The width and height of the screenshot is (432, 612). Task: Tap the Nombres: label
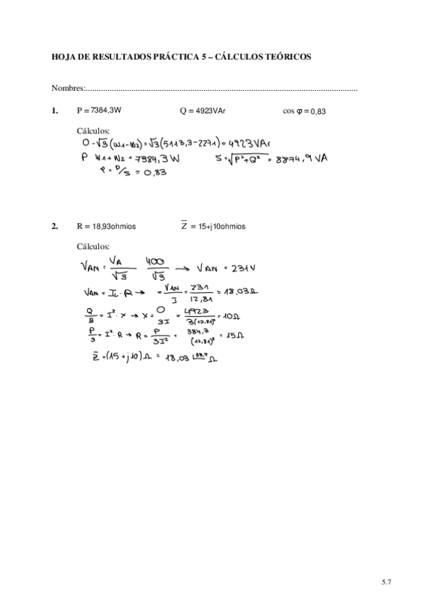click(x=68, y=89)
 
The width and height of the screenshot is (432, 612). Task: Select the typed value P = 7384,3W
click(x=99, y=111)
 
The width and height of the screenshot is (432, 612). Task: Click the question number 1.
click(x=55, y=111)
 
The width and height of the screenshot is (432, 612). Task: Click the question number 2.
click(x=55, y=226)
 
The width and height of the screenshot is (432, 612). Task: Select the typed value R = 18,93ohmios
click(x=105, y=226)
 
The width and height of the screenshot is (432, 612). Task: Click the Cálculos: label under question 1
click(x=92, y=131)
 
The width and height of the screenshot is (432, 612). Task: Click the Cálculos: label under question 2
click(x=92, y=245)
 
